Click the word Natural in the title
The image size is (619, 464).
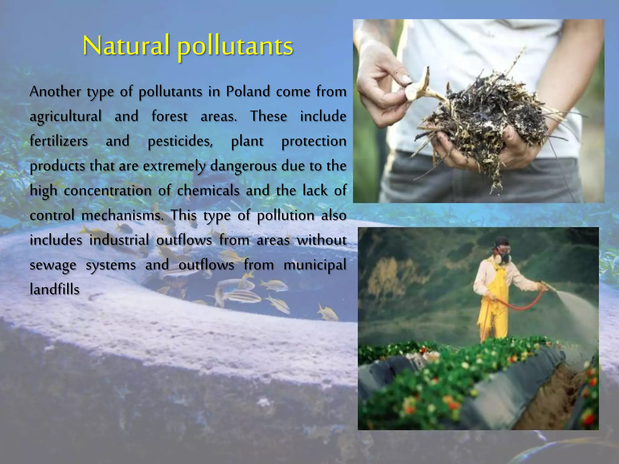(x=125, y=46)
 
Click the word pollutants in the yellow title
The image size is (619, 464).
(x=235, y=47)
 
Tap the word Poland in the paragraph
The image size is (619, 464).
(x=248, y=91)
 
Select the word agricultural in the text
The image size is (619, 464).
(x=66, y=117)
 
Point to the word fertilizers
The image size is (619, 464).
(x=59, y=141)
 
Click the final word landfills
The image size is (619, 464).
(x=55, y=289)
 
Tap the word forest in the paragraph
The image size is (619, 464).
(x=169, y=116)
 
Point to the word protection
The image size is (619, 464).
(x=314, y=141)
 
